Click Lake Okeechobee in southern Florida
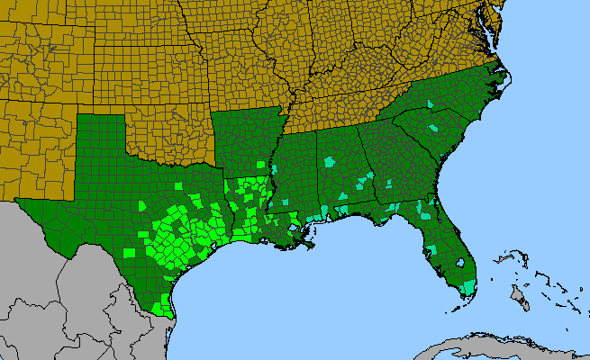459,264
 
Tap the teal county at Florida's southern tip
467,288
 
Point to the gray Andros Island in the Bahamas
520,295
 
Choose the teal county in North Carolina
431,105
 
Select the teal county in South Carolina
435,129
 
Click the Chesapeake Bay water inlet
494,36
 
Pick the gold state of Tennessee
351,108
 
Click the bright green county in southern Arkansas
262,166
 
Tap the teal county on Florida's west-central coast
423,211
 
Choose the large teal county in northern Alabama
330,163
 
